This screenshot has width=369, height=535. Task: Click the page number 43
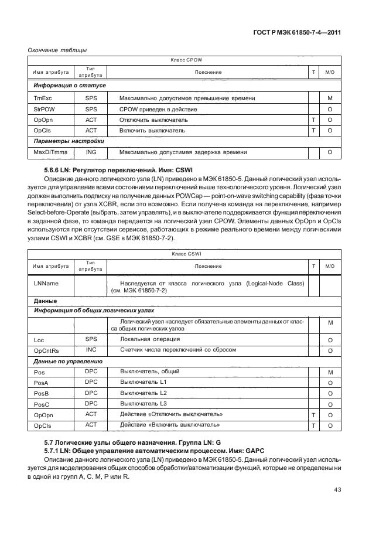click(336, 489)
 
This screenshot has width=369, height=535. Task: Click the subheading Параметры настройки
click(69, 142)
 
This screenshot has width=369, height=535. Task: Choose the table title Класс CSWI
click(186, 254)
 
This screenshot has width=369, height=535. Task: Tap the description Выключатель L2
click(143, 393)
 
